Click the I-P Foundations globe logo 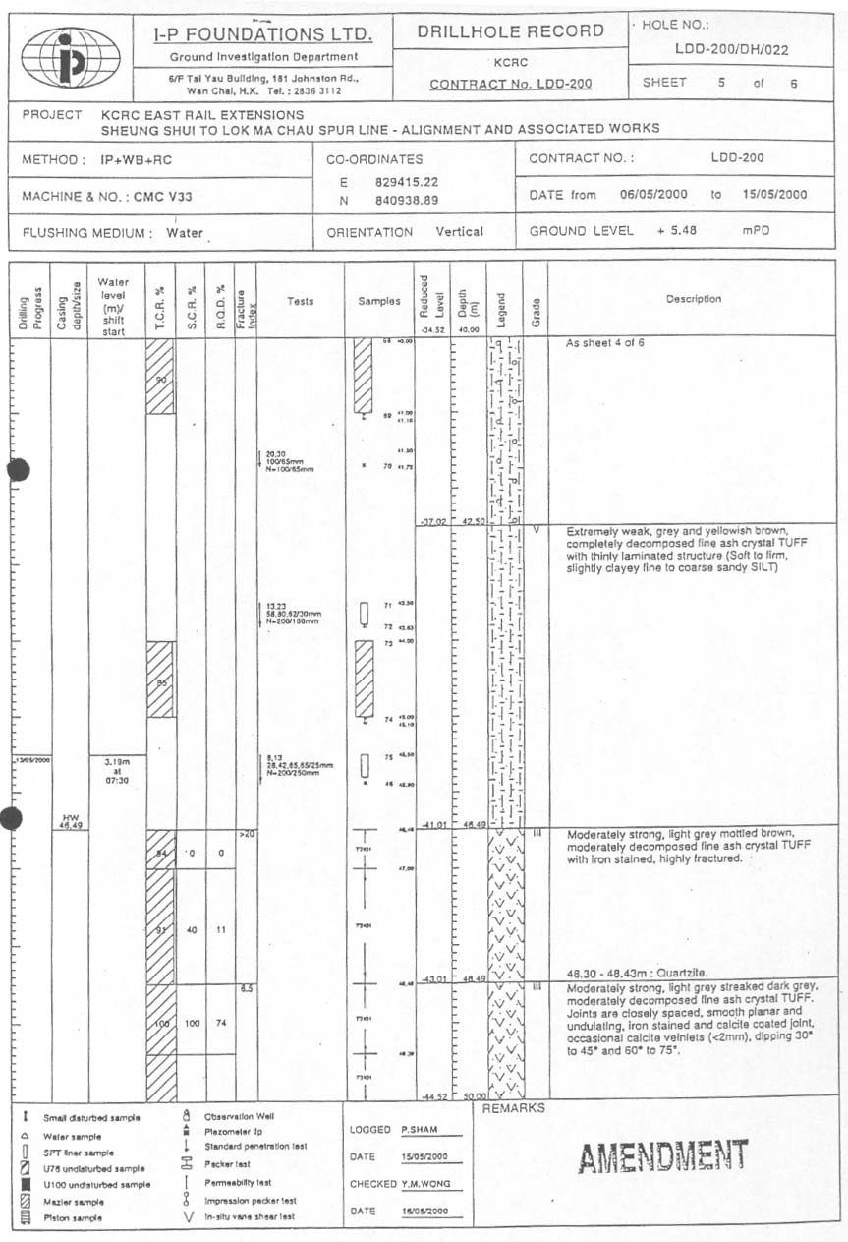(x=70, y=57)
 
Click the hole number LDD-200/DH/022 (x=731, y=49)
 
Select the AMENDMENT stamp (x=662, y=1156)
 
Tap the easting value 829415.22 (x=407, y=182)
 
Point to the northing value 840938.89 (x=407, y=201)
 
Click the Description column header (x=693, y=299)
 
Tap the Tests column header (x=300, y=301)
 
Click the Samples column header (x=378, y=301)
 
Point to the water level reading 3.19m (x=116, y=760)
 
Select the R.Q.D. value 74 (x=222, y=1023)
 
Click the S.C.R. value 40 (x=192, y=929)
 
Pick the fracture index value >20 (x=246, y=834)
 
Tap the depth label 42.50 (x=474, y=521)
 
